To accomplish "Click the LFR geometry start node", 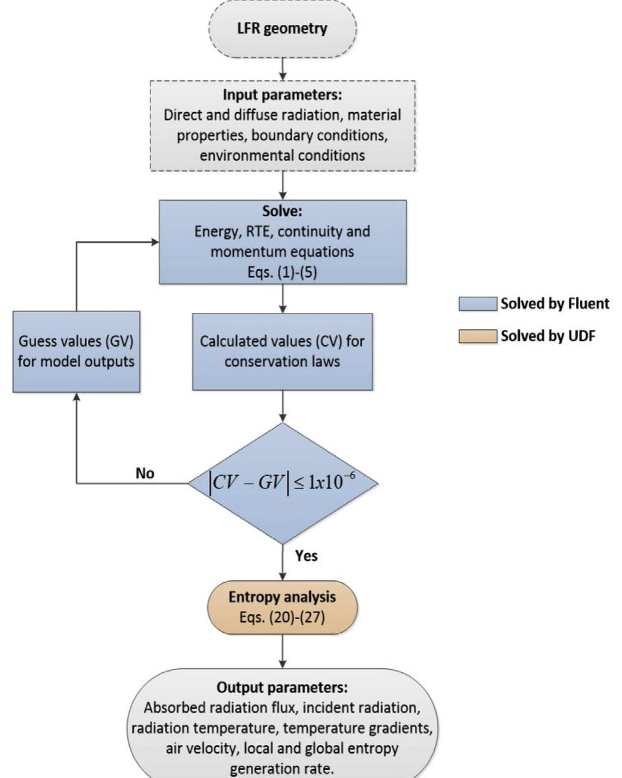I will [283, 29].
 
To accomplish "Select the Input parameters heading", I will [282, 94].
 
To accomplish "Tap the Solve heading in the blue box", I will [282, 211].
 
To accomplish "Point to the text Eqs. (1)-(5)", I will [282, 272].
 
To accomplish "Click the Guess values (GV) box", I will [76, 351].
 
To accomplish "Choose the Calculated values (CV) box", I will [282, 351].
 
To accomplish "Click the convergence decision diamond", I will [283, 483].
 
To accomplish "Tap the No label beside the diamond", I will [145, 473].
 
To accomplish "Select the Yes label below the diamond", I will [306, 555].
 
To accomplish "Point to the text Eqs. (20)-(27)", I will [282, 617].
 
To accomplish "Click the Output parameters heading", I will [282, 688].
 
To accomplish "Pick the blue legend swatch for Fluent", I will [477, 304].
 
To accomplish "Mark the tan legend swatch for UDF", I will [477, 336].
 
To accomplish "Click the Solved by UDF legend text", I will [548, 336].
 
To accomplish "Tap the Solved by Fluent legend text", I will [555, 303].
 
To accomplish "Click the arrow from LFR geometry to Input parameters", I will [283, 69].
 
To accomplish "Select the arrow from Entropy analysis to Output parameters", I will [283, 651].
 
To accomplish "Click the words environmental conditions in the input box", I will [282, 156].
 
